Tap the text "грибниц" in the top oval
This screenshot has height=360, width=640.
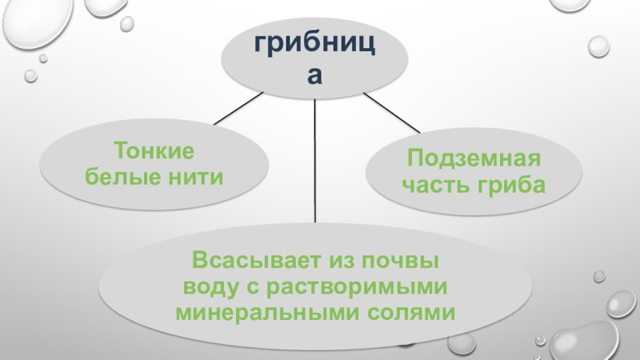(x=315, y=46)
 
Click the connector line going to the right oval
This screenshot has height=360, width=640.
(x=391, y=112)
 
